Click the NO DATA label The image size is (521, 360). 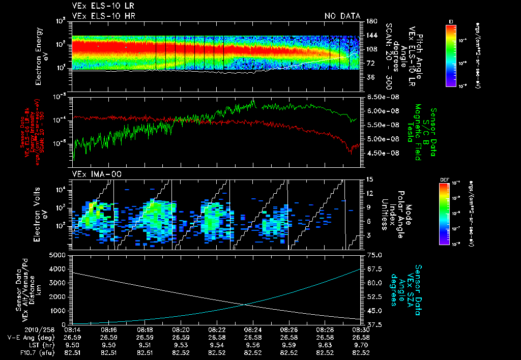342,16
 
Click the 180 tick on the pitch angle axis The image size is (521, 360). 371,21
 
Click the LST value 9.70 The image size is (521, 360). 361,344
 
